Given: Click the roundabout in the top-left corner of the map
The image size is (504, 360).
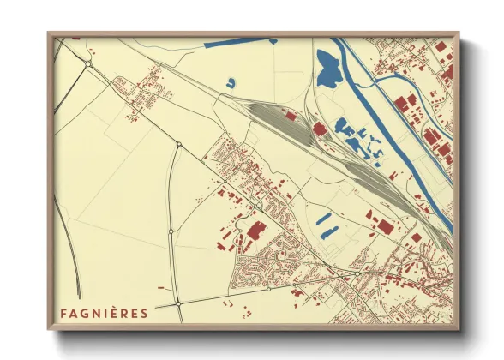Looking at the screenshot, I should click(88, 63).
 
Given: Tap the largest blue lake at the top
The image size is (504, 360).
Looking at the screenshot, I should click(327, 70).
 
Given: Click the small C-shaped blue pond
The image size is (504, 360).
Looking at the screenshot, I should click(231, 83).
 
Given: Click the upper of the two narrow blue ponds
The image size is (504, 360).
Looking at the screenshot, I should click(324, 219).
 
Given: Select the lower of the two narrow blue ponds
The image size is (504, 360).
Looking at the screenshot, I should click(326, 231).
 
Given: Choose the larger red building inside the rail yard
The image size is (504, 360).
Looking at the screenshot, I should click(319, 129).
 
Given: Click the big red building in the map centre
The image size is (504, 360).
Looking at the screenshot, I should click(256, 229).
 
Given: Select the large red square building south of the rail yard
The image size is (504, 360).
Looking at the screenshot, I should click(383, 227).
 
